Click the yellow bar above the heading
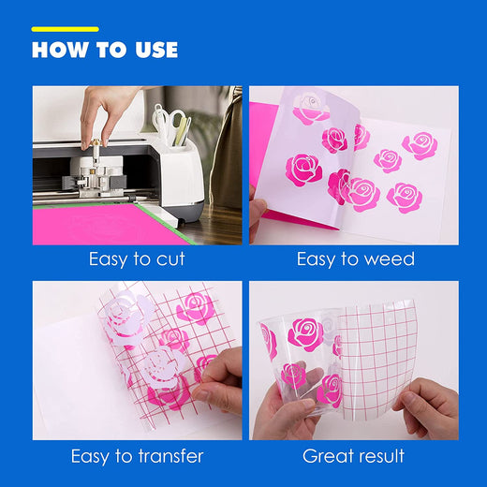click(66, 29)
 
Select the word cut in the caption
click(170, 259)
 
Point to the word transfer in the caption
click(170, 456)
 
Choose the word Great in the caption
click(326, 456)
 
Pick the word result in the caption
click(379, 456)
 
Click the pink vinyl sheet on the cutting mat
click(106, 224)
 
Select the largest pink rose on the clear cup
click(306, 334)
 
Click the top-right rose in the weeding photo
click(420, 146)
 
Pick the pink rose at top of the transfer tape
click(196, 309)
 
